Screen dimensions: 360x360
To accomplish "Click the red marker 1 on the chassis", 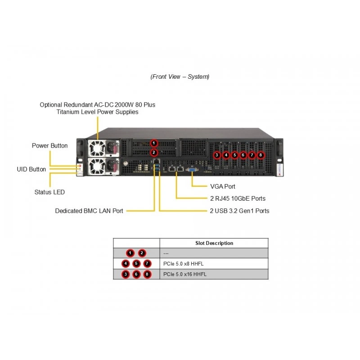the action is pyautogui.click(x=154, y=143).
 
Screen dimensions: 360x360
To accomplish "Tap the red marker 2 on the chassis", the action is pyautogui.click(x=154, y=152).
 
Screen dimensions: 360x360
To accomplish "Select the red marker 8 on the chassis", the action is pyautogui.click(x=261, y=155).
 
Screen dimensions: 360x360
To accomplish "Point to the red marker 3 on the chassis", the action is pyautogui.click(x=217, y=155).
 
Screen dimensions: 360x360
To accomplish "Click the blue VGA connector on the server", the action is pyautogui.click(x=192, y=170).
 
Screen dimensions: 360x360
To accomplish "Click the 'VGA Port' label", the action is pyautogui.click(x=222, y=186).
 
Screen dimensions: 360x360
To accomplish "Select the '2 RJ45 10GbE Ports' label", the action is pyautogui.click(x=238, y=198).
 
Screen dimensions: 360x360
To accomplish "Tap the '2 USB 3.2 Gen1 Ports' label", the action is pyautogui.click(x=239, y=211).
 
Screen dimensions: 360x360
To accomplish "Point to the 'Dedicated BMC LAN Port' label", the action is pyautogui.click(x=89, y=211).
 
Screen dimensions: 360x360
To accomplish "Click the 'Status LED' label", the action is pyautogui.click(x=49, y=192).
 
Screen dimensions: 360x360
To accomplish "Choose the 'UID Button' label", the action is pyautogui.click(x=31, y=169).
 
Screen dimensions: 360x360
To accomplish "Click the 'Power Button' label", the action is pyautogui.click(x=49, y=145).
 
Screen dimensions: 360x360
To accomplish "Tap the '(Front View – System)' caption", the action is pyautogui.click(x=180, y=76).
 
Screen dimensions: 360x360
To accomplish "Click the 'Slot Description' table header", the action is pyautogui.click(x=214, y=243).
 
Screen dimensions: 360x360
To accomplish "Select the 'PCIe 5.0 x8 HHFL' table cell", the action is pyautogui.click(x=183, y=264).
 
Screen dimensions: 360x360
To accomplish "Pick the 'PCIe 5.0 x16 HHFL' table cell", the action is pyautogui.click(x=185, y=274).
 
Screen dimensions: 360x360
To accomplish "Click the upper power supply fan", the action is pyautogui.click(x=97, y=148).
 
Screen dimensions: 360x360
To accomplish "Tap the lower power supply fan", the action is pyautogui.click(x=97, y=166).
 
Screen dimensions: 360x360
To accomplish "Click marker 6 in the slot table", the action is pyautogui.click(x=136, y=274).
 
